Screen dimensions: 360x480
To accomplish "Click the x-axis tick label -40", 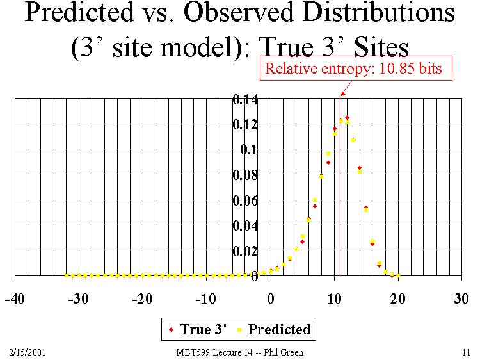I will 15,299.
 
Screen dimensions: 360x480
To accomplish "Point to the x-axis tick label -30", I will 79,299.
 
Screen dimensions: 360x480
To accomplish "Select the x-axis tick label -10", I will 206,299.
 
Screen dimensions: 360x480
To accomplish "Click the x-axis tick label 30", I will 461,299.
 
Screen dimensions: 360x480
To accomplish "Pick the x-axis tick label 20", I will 397,299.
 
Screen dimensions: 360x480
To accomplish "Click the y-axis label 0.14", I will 246,99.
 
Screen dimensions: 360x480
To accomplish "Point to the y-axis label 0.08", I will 246,175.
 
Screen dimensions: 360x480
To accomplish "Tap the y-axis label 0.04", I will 246,225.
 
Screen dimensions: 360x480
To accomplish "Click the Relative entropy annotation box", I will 353,69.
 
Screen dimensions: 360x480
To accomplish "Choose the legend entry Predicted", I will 273,330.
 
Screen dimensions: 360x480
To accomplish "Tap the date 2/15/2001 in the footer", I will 28,352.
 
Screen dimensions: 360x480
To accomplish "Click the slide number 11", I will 465,352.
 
